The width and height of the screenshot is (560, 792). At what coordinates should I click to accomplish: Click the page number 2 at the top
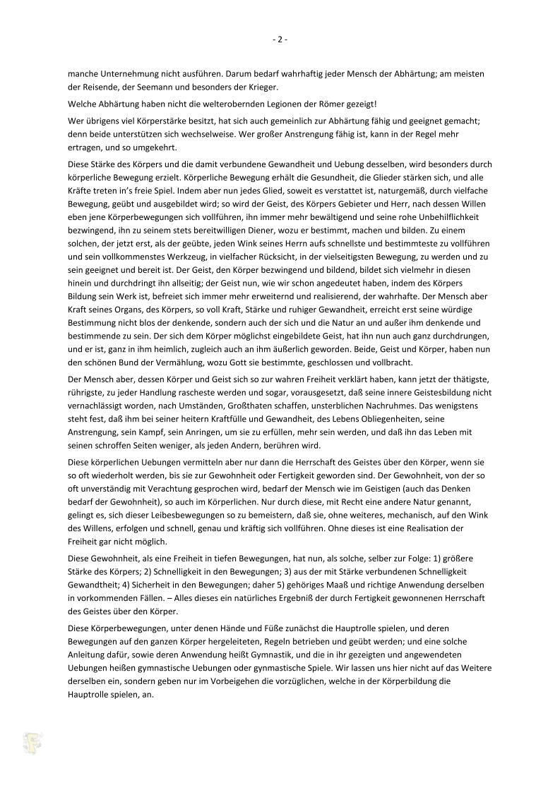[280, 39]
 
